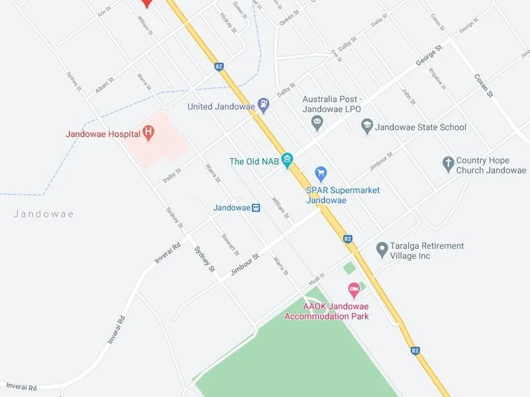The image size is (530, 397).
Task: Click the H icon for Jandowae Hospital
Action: coord(149,134)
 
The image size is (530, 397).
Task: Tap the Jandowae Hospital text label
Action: coord(103,134)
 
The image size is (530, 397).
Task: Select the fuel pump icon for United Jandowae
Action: coord(264,105)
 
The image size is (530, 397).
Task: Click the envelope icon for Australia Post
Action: coord(317,122)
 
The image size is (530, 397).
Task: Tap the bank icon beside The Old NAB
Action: coord(287,159)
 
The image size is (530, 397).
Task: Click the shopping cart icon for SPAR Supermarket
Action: coord(321,174)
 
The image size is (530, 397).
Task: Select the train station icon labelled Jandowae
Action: coord(256,207)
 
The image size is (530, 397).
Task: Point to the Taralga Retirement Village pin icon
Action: coord(382,249)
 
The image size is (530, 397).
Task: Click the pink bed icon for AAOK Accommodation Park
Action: coord(354,289)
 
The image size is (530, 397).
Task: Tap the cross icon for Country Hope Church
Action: coord(448,163)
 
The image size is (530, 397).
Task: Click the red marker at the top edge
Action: coord(147,3)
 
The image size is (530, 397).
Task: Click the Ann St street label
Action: coord(103,12)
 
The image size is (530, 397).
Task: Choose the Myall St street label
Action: coord(317,279)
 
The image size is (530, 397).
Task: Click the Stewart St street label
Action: coord(230,244)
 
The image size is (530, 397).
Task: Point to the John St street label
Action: coord(408,97)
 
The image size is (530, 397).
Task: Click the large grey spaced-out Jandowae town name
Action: coord(44,214)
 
